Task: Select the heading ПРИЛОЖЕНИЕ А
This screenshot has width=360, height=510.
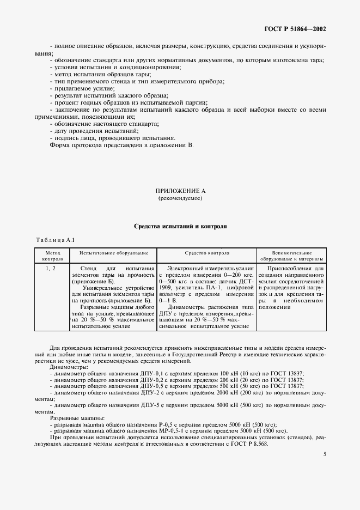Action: point(180,191)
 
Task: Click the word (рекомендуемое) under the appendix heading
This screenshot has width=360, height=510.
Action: point(180,199)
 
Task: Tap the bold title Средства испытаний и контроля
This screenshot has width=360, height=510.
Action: point(180,226)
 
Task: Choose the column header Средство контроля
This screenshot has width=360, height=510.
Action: point(207,253)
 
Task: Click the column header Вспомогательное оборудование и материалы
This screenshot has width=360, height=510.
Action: point(291,256)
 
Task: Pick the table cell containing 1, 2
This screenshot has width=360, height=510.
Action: point(50,269)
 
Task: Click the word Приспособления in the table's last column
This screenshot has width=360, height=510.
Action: point(293,269)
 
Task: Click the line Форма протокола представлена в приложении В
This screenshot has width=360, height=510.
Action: point(121,145)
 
